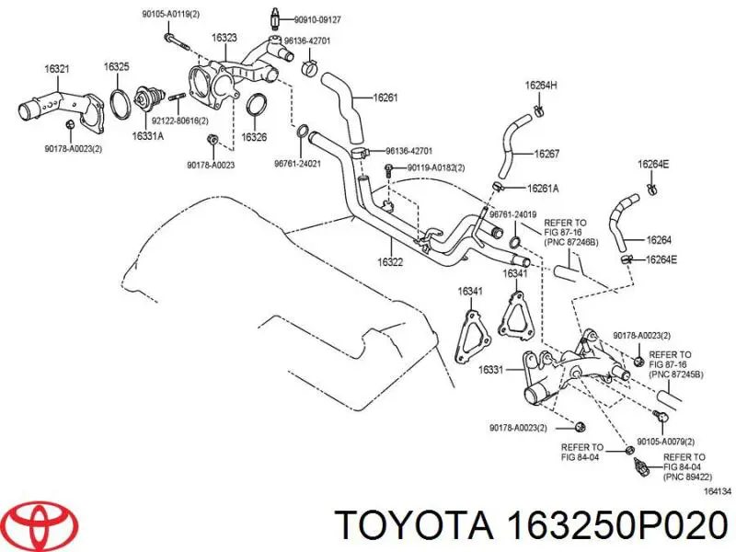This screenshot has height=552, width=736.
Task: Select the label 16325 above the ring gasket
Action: click(x=116, y=66)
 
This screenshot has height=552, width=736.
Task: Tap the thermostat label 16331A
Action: click(x=147, y=136)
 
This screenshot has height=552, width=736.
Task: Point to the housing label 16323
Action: click(x=224, y=38)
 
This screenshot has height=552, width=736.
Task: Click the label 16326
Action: click(x=254, y=137)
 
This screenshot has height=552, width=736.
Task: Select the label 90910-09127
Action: click(x=319, y=18)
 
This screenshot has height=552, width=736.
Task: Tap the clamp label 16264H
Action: click(x=541, y=86)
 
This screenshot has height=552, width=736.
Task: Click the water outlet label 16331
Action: click(x=490, y=371)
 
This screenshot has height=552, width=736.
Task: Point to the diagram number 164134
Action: click(x=718, y=491)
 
